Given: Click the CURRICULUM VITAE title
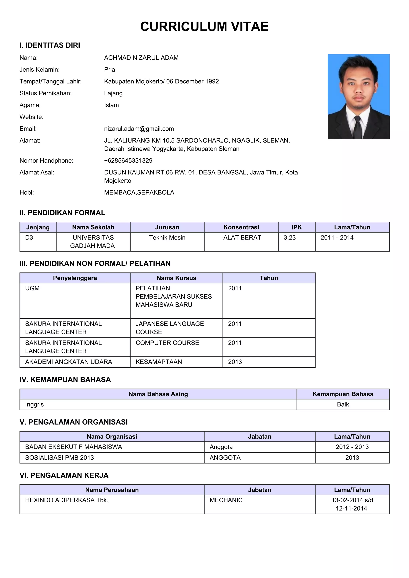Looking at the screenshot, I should pos(204,26).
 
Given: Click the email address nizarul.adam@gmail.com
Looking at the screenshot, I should pos(139,129).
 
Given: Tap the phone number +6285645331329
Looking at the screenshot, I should pos(128,161).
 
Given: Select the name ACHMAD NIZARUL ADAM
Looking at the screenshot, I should pos(141,58).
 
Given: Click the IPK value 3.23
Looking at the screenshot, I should pos(290,238).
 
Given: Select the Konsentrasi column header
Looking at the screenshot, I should pos(241,227).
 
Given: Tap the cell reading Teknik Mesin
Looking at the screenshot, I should pos(167,238).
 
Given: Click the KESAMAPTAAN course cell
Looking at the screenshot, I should pos(159,362).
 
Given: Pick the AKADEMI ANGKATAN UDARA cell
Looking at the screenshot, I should pos(68,362).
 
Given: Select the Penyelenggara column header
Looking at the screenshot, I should pos(75,278).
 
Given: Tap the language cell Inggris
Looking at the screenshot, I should pos(35,404).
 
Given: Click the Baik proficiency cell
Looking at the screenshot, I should pos(343,404).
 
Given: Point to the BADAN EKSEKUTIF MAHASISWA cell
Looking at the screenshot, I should pos(73,447).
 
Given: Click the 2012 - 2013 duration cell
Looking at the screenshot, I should pos(352,447).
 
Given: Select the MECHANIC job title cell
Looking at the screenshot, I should pos(226,500).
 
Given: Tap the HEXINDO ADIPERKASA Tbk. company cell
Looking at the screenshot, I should pos(67,500).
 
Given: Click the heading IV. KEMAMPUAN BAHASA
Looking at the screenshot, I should pos(65,379).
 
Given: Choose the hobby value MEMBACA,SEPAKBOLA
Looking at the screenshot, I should pos(139,192).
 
